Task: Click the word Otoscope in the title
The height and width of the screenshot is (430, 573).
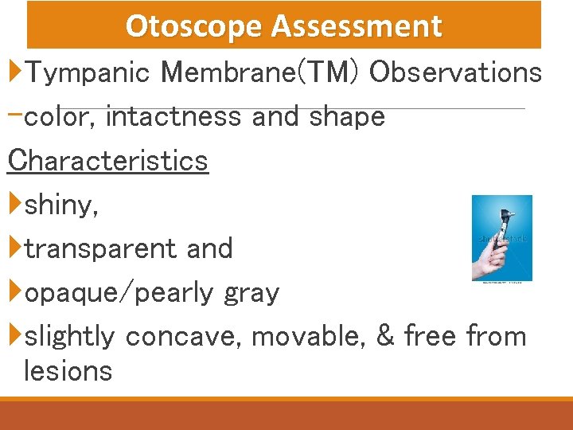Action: [x=194, y=26]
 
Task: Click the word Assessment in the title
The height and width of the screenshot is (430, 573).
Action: [x=356, y=26]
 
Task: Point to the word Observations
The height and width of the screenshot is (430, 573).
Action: [x=456, y=72]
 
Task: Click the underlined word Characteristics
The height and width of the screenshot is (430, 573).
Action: [x=107, y=161]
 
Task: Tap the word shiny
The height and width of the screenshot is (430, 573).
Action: [x=61, y=205]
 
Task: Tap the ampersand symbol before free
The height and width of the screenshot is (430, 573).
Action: [x=385, y=336]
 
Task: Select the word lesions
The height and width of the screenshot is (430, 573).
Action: [x=68, y=371]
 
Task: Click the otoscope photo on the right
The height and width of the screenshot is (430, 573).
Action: [x=501, y=237]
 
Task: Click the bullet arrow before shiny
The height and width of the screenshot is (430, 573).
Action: [x=15, y=205]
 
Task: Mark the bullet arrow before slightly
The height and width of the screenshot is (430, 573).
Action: [x=15, y=335]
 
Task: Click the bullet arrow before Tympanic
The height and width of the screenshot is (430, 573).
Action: [x=15, y=72]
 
